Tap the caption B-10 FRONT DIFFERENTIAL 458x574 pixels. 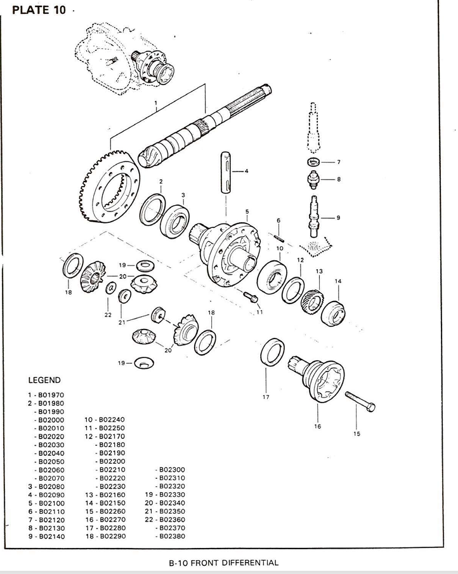point(223,563)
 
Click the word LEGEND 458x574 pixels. point(44,380)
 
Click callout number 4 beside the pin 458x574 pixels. point(246,171)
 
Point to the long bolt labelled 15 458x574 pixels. point(360,403)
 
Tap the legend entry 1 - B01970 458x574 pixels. point(44,395)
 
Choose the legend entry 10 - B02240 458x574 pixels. point(105,420)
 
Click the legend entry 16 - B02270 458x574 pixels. point(105,519)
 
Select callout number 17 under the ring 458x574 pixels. point(266,397)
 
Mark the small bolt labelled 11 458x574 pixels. point(249,296)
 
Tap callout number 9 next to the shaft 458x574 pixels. point(338,217)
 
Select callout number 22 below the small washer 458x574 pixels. point(108,314)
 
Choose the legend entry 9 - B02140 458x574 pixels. point(44,536)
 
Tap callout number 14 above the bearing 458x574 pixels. point(338,281)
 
